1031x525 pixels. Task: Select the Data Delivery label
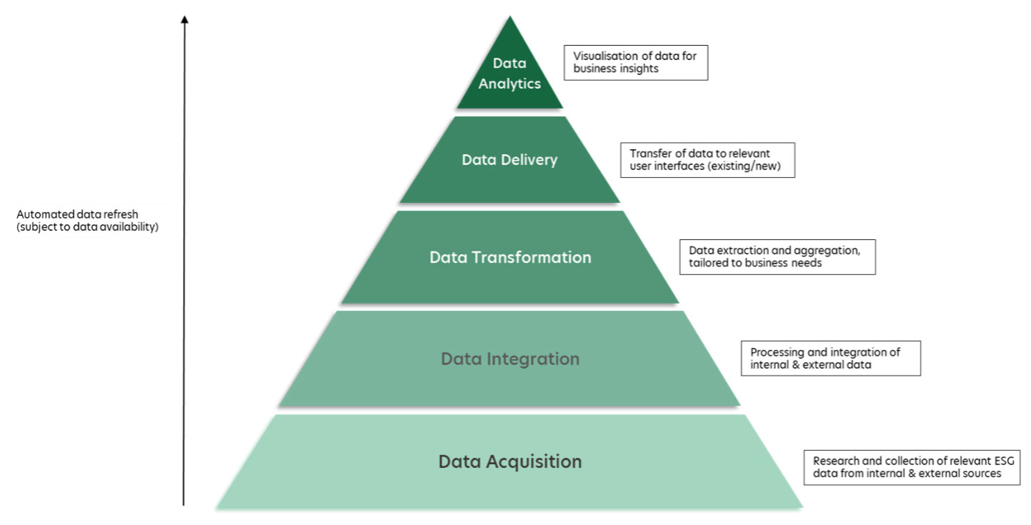click(x=509, y=159)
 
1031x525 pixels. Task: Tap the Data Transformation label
click(x=510, y=257)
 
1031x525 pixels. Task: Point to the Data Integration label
click(x=510, y=359)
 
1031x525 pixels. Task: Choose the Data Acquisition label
click(x=510, y=461)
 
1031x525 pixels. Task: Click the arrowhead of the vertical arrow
click(x=184, y=19)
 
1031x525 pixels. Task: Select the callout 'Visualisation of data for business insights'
click(x=635, y=63)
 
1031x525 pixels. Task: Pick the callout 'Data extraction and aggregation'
click(x=777, y=256)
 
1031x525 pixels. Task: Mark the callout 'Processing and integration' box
click(x=831, y=359)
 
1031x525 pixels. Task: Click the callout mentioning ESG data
click(x=911, y=467)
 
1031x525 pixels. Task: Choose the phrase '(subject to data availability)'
click(x=87, y=227)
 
